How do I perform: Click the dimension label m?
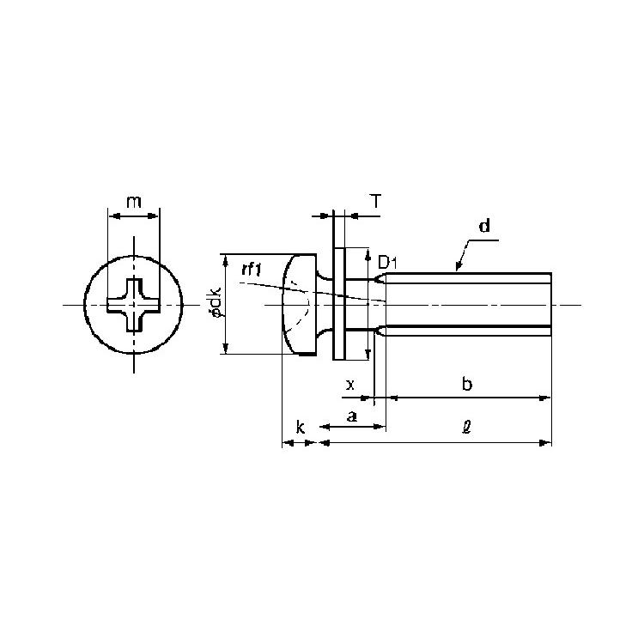[134, 202]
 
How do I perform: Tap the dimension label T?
[376, 202]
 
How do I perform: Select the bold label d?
[485, 226]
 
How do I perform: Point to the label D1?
[388, 262]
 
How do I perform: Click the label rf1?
[252, 270]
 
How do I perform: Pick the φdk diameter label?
[216, 303]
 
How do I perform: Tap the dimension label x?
[350, 386]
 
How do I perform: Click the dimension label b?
[467, 384]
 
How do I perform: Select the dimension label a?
[351, 416]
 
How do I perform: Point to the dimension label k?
[301, 428]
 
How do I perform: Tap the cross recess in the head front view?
[133, 305]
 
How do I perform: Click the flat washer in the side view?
[338, 304]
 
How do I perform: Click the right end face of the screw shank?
[550, 304]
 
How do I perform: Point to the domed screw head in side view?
[299, 304]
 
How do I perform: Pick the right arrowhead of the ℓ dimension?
[545, 443]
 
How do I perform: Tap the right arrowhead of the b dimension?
[544, 398]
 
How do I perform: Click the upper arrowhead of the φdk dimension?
[225, 260]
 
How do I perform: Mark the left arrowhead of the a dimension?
[325, 427]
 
